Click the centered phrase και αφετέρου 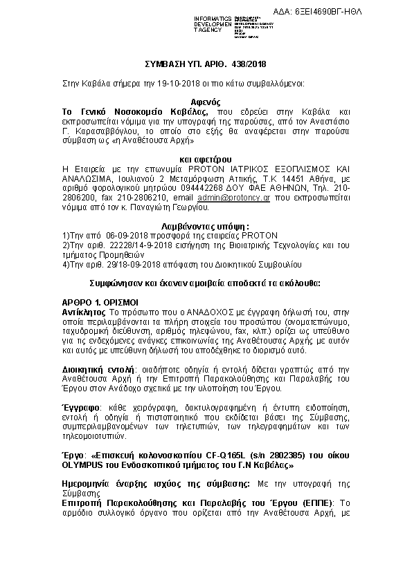tap(206, 160)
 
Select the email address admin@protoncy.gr tap(243, 198)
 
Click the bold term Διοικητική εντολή tap(98, 370)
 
